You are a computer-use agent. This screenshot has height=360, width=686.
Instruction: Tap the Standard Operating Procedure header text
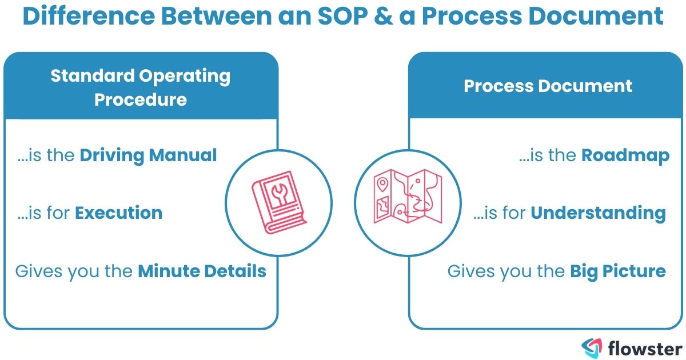point(141,87)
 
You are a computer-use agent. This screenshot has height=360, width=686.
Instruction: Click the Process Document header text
point(548,86)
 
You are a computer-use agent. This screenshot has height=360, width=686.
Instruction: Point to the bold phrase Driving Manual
point(149,155)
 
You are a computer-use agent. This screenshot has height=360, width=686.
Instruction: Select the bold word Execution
point(119,213)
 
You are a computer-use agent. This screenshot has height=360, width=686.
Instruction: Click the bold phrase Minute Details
point(202,271)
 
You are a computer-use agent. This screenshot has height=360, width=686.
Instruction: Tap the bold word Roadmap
point(625,156)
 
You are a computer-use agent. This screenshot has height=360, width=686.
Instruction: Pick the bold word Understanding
point(599,213)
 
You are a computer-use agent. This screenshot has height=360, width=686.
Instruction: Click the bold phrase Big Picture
point(618,271)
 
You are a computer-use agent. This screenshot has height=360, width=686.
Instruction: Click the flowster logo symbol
point(591,347)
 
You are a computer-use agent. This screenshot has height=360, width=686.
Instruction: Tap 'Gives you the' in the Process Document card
point(506,271)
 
